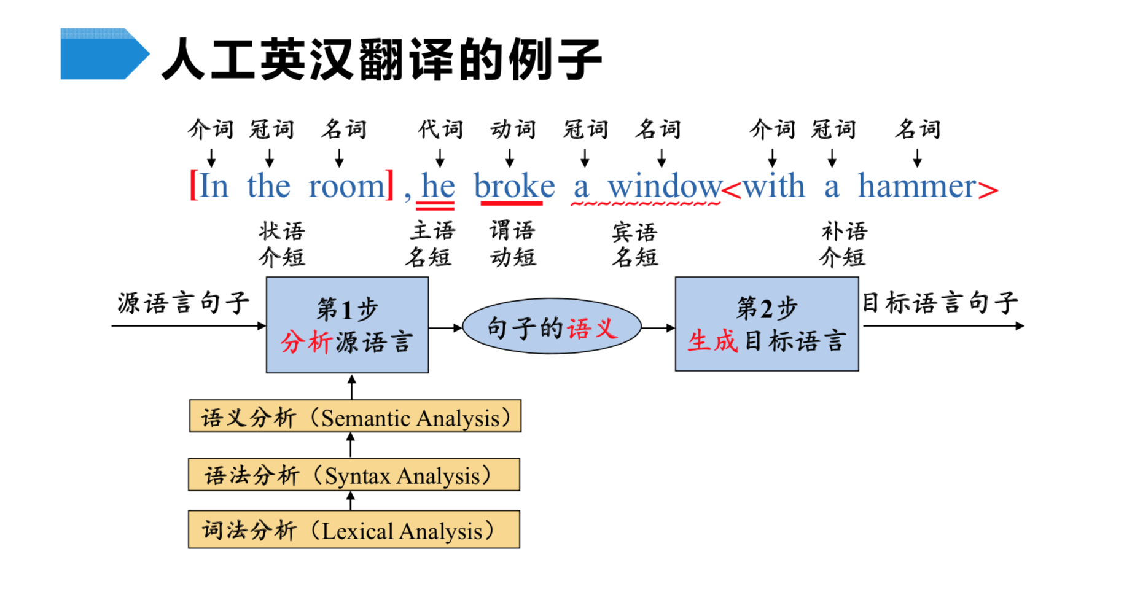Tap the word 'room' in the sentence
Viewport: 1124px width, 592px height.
click(347, 186)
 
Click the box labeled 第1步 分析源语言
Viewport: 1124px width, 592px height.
click(348, 325)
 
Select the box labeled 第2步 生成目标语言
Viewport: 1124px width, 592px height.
click(767, 324)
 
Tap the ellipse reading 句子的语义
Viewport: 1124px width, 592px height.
click(552, 327)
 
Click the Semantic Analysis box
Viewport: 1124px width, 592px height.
click(355, 416)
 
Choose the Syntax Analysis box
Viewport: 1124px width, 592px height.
click(354, 474)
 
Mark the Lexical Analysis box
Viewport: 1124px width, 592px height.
click(354, 529)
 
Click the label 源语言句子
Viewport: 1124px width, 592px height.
click(183, 303)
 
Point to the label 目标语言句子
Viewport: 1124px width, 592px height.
click(940, 303)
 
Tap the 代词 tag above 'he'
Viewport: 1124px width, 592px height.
click(440, 129)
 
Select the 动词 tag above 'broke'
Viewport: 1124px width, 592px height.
click(513, 129)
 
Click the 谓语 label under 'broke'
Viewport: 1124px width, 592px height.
click(512, 231)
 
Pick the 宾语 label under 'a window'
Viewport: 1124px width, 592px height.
click(634, 232)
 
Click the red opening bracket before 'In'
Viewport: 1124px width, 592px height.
click(193, 185)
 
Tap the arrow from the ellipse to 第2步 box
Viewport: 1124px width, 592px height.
click(658, 328)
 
